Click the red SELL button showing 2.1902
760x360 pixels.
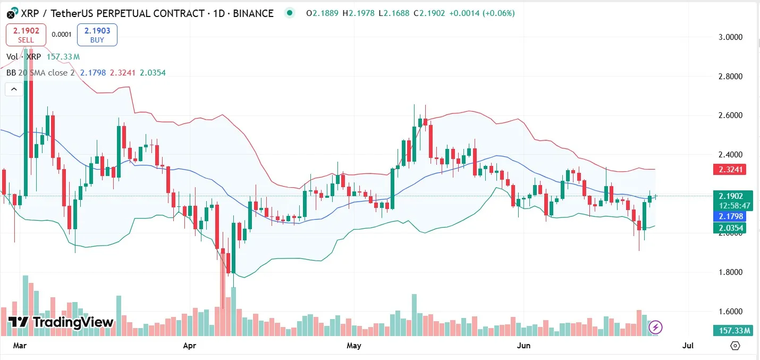pyautogui.click(x=26, y=35)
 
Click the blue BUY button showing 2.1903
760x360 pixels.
pyautogui.click(x=97, y=35)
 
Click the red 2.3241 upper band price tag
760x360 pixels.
pyautogui.click(x=731, y=170)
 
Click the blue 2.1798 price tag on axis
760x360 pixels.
pyautogui.click(x=731, y=216)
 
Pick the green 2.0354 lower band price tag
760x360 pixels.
pyautogui.click(x=731, y=228)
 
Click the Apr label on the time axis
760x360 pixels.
pyautogui.click(x=190, y=346)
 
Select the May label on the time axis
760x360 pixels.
pyautogui.click(x=353, y=346)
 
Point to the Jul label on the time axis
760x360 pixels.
pyautogui.click(x=687, y=346)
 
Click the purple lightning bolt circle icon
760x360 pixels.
pyautogui.click(x=656, y=326)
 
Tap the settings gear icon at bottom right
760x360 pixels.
pyautogui.click(x=735, y=346)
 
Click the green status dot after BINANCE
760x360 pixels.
pyautogui.click(x=289, y=13)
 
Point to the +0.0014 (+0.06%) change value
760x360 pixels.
pyautogui.click(x=482, y=13)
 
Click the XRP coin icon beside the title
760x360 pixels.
pyautogui.click(x=11, y=14)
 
